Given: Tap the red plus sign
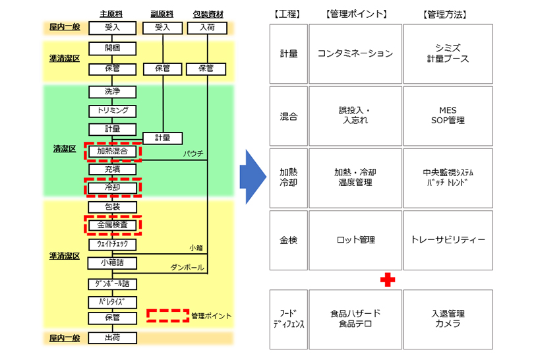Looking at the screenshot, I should click(x=388, y=280).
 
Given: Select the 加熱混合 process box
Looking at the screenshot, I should click(x=112, y=151).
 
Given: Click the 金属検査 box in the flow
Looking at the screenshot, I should click(x=112, y=225).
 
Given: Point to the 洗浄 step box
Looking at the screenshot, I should click(x=112, y=92).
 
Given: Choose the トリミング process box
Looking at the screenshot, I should click(x=112, y=111).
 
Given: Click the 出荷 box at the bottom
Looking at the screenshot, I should click(x=112, y=338).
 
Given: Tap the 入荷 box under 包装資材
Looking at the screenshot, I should click(x=208, y=28).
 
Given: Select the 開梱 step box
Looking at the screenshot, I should click(x=112, y=48).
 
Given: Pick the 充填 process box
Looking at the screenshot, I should click(x=112, y=169).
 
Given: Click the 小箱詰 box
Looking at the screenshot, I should click(x=112, y=263).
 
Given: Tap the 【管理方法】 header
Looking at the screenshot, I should click(x=447, y=13).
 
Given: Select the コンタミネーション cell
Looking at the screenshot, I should click(x=355, y=53).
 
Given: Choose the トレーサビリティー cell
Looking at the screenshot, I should click(x=448, y=240).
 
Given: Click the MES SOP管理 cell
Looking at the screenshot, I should click(x=448, y=115).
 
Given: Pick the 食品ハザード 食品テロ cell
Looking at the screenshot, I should click(x=355, y=318).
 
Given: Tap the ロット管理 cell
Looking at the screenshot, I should click(x=355, y=240).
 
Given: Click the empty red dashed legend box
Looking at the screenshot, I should click(x=167, y=315).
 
